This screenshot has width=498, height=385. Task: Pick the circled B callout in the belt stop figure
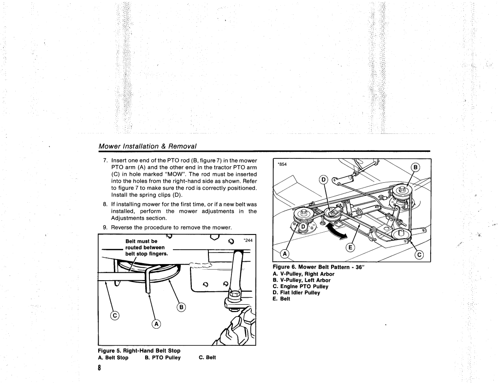click(182, 307)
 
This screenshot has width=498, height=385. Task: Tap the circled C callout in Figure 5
click(114, 315)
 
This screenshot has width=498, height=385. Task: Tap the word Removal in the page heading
click(183, 146)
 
